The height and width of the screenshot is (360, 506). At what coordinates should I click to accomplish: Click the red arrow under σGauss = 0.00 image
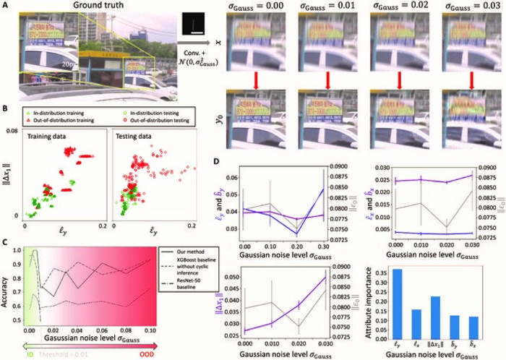click(x=250, y=77)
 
